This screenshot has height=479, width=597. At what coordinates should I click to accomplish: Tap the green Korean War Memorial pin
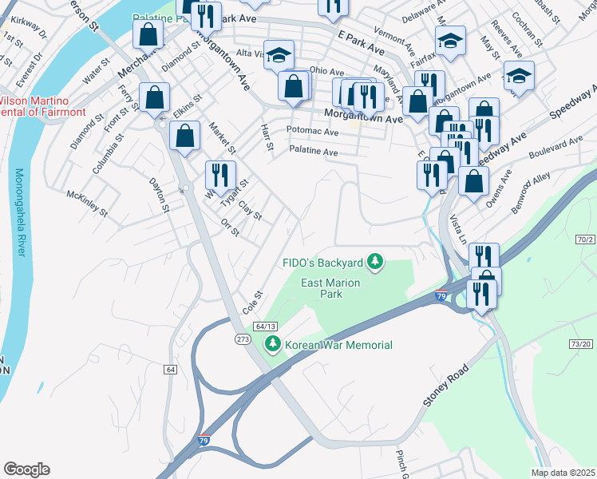[x=273, y=344]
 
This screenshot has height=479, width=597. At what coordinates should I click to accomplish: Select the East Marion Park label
[x=330, y=288]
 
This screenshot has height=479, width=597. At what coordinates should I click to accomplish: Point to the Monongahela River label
[x=19, y=212]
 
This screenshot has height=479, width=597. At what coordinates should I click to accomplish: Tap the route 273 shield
[x=243, y=339]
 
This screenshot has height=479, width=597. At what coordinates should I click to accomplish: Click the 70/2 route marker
[x=585, y=239]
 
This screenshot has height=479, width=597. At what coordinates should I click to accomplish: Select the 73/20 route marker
[x=582, y=343]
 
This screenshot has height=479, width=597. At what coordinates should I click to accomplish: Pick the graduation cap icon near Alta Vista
[x=279, y=55]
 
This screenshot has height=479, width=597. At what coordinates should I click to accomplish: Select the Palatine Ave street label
[x=313, y=152]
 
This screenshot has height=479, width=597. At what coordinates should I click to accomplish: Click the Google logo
[x=26, y=469]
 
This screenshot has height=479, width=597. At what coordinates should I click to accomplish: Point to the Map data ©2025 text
[x=562, y=473]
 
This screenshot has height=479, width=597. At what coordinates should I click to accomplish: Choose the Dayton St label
[x=160, y=195]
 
